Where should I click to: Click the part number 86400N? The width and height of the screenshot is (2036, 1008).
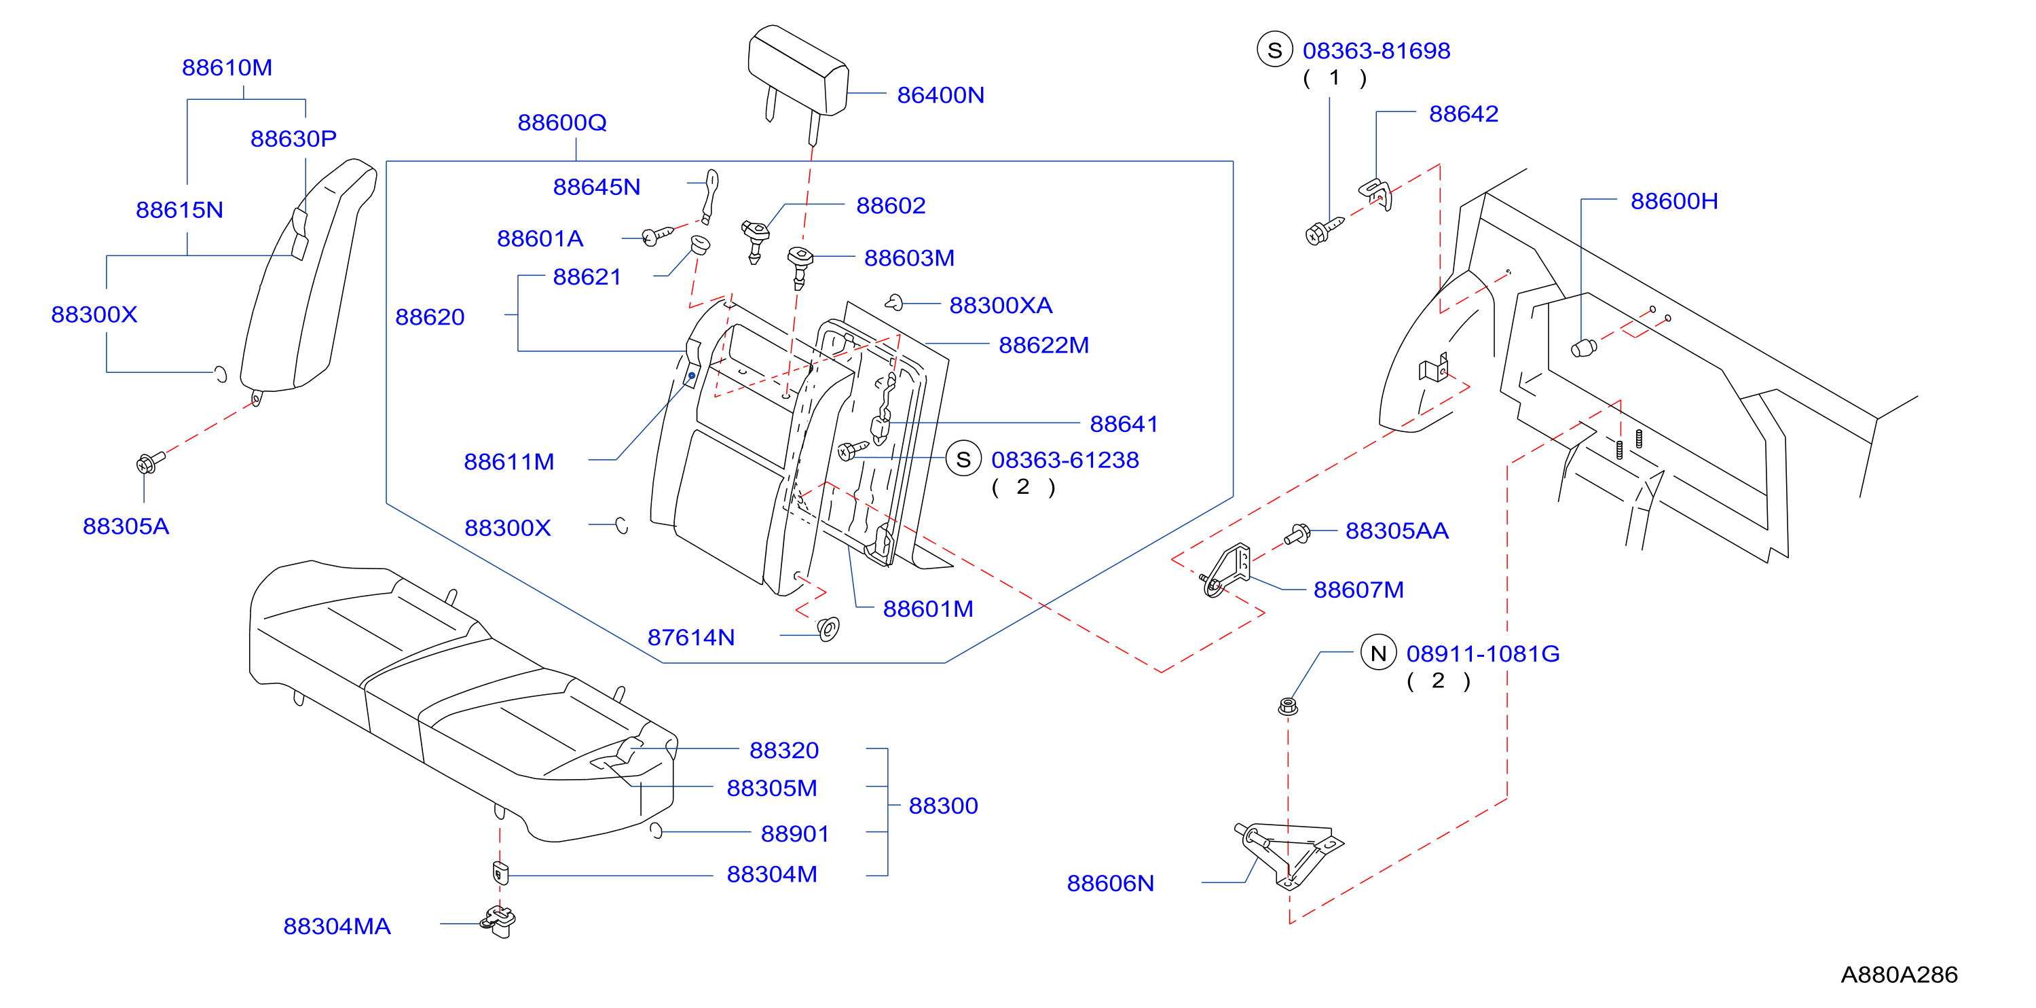pyautogui.click(x=940, y=95)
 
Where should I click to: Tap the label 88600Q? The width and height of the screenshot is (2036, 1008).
pyautogui.click(x=562, y=122)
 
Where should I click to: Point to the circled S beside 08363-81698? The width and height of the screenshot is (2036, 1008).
pyautogui.click(x=1274, y=50)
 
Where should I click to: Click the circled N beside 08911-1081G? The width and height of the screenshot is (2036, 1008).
pyautogui.click(x=1378, y=653)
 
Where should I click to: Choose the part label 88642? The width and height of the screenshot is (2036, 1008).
pyautogui.click(x=1463, y=114)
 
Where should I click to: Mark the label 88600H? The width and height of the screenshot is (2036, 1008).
pyautogui.click(x=1674, y=201)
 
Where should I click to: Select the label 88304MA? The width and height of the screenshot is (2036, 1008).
pyautogui.click(x=337, y=926)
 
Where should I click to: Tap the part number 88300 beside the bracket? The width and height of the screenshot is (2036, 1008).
pyautogui.click(x=943, y=806)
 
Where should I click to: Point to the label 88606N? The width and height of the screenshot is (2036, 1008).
pyautogui.click(x=1110, y=883)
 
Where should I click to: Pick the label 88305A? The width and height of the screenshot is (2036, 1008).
pyautogui.click(x=126, y=526)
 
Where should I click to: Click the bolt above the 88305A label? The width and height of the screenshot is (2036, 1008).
pyautogui.click(x=150, y=462)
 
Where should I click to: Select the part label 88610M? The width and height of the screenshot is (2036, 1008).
pyautogui.click(x=227, y=67)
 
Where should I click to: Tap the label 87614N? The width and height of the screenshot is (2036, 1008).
pyautogui.click(x=691, y=637)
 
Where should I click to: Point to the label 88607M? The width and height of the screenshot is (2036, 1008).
pyautogui.click(x=1358, y=590)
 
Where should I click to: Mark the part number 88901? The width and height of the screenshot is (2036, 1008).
pyautogui.click(x=794, y=833)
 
